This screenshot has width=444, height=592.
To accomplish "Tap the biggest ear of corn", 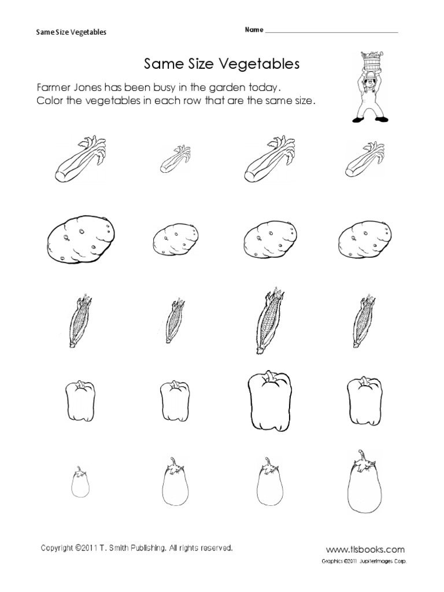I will pos(268,320).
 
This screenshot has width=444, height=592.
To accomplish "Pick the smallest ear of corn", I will pos(175,321).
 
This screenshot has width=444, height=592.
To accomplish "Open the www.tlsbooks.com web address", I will pos(366,549).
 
